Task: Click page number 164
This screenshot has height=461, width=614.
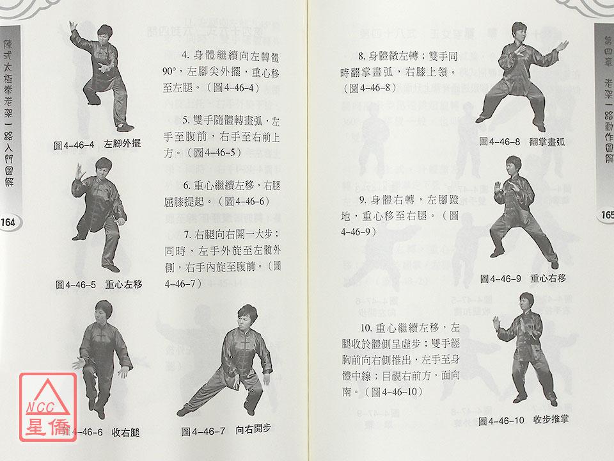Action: (x=8, y=223)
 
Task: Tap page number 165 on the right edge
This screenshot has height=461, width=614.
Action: (x=608, y=215)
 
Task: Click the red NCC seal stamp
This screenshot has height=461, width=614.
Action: (x=48, y=407)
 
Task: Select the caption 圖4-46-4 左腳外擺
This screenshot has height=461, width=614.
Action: (x=97, y=145)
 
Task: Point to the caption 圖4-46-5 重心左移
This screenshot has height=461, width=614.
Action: (x=99, y=284)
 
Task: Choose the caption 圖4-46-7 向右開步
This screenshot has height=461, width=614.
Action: (x=226, y=430)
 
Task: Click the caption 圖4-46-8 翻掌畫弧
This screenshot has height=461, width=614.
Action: (x=522, y=142)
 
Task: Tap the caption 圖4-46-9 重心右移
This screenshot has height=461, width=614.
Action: (x=523, y=279)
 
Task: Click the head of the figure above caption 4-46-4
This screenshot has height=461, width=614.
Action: (x=105, y=34)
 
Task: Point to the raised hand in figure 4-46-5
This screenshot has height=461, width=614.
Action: (x=81, y=172)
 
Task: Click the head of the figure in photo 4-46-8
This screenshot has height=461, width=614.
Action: (x=519, y=31)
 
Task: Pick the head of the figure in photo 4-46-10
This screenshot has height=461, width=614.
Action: (x=526, y=302)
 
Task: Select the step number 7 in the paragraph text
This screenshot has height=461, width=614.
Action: (x=187, y=235)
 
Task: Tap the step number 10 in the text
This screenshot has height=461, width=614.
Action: (x=366, y=328)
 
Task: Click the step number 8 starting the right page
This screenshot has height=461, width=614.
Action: (x=361, y=56)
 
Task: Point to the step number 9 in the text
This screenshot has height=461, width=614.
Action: (x=362, y=200)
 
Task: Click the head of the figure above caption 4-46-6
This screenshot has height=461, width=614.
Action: (x=104, y=311)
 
